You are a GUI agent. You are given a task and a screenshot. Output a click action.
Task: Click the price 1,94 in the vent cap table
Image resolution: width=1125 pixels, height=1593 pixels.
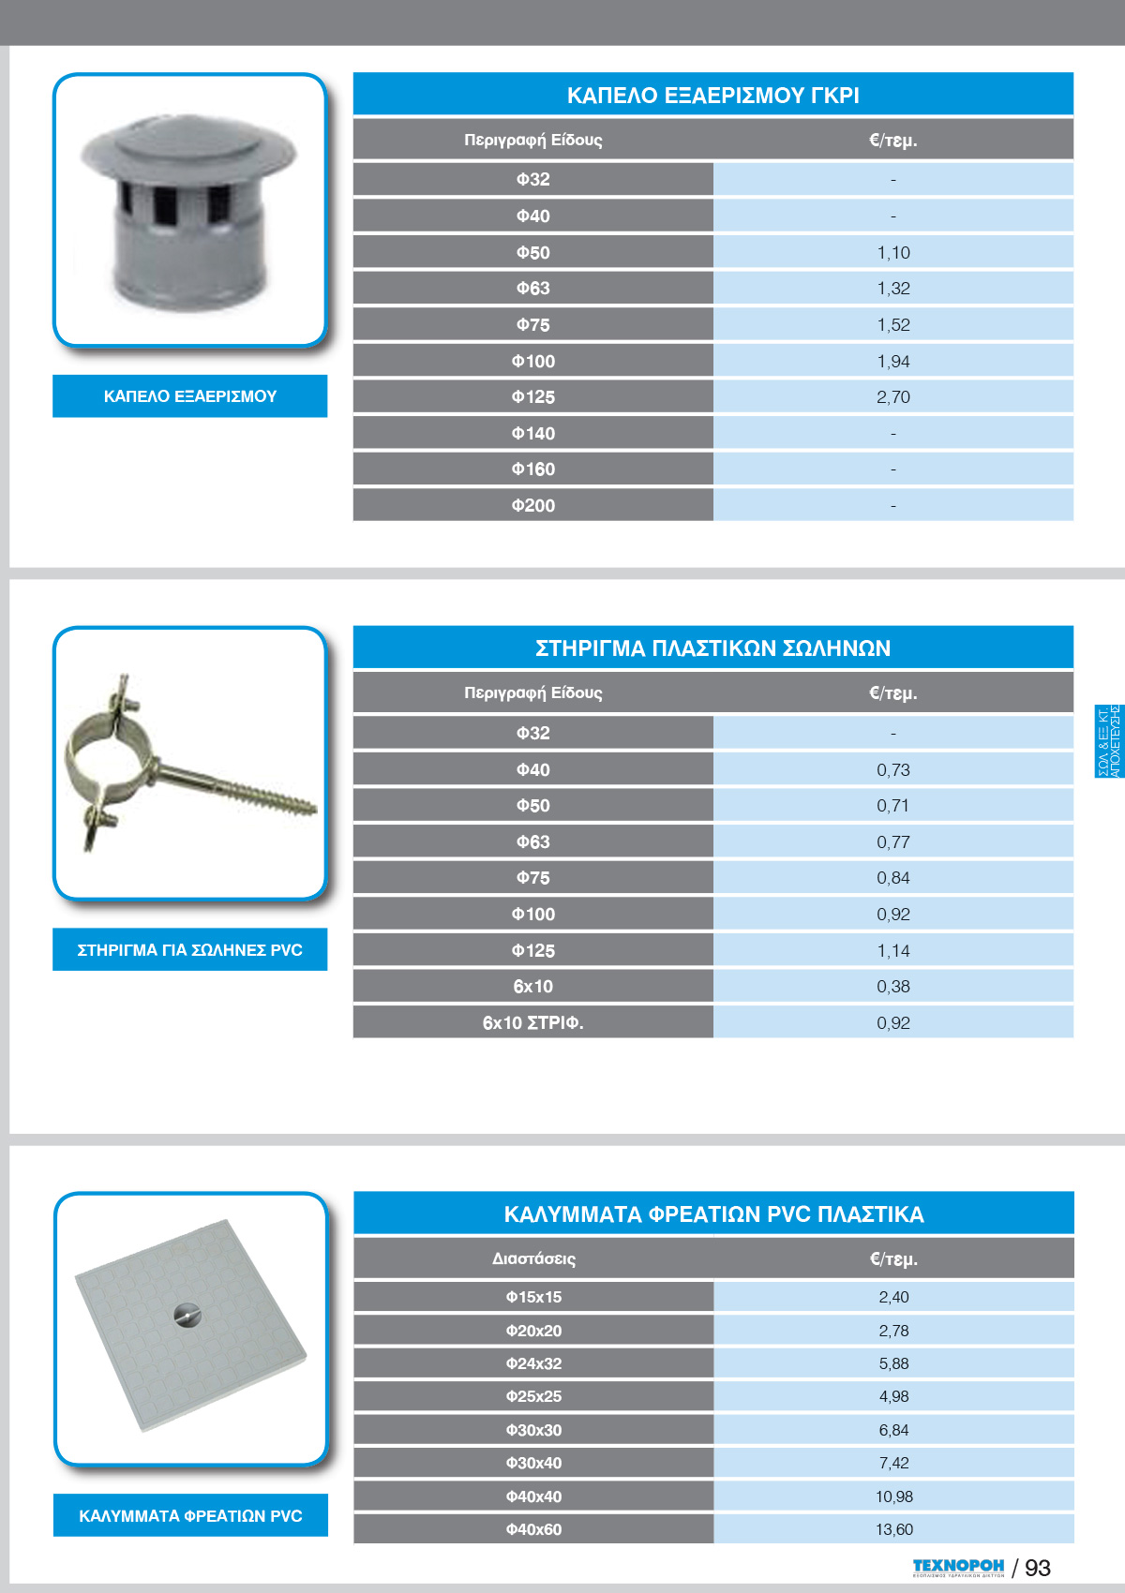pyautogui.click(x=893, y=362)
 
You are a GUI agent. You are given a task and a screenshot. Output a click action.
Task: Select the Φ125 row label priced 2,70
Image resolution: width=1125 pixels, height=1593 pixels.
pyautogui.click(x=532, y=397)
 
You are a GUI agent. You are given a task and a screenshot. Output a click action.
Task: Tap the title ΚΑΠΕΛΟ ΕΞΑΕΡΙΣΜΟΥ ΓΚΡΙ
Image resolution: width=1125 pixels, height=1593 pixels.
pyautogui.click(x=712, y=96)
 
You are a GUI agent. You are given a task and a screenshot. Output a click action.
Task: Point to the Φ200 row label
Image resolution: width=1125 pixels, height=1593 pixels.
pyautogui.click(x=532, y=506)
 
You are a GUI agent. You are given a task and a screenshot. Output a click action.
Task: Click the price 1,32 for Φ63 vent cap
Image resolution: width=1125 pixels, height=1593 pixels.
pyautogui.click(x=893, y=289)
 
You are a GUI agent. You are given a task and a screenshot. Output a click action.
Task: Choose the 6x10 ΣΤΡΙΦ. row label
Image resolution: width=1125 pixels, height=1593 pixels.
pyautogui.click(x=532, y=1023)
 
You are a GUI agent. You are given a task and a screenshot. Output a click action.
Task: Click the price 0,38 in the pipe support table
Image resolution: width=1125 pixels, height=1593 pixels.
pyautogui.click(x=893, y=987)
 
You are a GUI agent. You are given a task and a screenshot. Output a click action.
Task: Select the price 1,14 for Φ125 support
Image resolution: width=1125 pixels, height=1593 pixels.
pyautogui.click(x=893, y=951)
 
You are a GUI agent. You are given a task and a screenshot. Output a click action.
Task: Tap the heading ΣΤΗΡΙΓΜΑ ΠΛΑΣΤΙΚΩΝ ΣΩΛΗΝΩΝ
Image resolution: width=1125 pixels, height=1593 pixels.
pyautogui.click(x=712, y=648)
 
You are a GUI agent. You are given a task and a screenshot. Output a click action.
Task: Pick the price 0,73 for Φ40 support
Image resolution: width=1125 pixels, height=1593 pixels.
pyautogui.click(x=893, y=770)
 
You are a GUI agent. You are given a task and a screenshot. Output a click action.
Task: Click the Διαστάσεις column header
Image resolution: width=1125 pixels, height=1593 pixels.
pyautogui.click(x=533, y=1258)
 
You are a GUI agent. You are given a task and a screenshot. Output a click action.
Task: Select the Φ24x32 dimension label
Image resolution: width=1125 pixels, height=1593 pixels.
pyautogui.click(x=533, y=1363)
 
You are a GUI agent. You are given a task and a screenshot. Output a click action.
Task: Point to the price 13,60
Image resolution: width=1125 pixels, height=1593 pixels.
pyautogui.click(x=893, y=1529)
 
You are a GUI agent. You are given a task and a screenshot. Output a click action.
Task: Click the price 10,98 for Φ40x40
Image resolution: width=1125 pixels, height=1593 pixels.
pyautogui.click(x=893, y=1496)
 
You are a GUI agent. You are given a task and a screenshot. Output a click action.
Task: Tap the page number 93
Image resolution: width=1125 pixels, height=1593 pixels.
pyautogui.click(x=1037, y=1568)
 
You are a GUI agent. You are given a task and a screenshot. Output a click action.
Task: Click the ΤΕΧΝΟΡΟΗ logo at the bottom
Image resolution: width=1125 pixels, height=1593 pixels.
pyautogui.click(x=957, y=1567)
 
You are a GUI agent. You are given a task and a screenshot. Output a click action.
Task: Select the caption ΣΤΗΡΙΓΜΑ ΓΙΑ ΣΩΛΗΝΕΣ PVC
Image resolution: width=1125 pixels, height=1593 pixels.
pyautogui.click(x=189, y=950)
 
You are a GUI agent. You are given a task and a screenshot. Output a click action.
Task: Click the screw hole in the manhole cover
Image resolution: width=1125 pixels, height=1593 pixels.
pyautogui.click(x=187, y=1317)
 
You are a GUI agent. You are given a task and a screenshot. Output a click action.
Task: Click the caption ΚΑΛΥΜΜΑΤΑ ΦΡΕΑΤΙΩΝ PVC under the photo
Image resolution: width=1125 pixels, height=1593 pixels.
pyautogui.click(x=190, y=1516)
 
